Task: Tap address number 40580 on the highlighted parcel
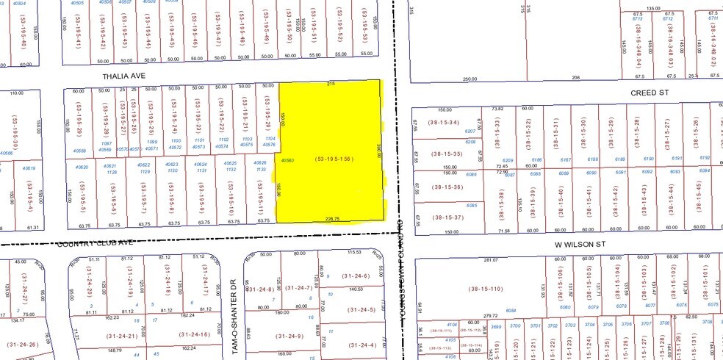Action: (287, 160)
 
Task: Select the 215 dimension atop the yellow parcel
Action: (331, 84)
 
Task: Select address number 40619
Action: (29, 168)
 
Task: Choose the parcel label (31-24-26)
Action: (24, 344)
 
